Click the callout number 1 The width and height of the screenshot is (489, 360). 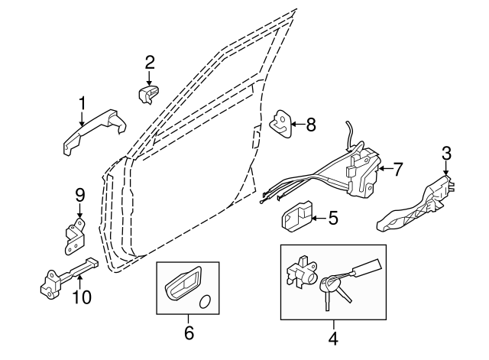pyautogui.click(x=82, y=103)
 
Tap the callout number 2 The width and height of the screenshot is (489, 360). pyautogui.click(x=150, y=62)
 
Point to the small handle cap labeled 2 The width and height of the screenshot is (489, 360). pyautogui.click(x=147, y=94)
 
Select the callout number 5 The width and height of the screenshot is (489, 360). pyautogui.click(x=332, y=218)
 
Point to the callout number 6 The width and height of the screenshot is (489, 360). pyautogui.click(x=189, y=332)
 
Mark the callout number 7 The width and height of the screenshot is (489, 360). pyautogui.click(x=397, y=167)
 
